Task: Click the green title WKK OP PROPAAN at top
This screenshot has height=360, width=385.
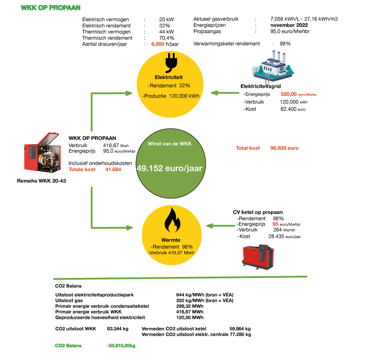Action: click(x=50, y=8)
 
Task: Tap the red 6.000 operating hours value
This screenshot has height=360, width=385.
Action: click(x=157, y=44)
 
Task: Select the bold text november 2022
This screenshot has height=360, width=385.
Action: click(x=289, y=25)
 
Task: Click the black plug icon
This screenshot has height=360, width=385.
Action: click(x=171, y=62)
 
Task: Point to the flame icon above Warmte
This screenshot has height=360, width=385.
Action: click(x=172, y=220)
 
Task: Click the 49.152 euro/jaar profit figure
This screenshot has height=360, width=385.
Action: click(x=169, y=168)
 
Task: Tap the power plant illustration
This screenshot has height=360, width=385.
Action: click(x=273, y=66)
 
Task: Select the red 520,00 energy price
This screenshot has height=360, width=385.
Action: click(x=289, y=94)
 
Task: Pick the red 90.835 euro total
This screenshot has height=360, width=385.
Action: click(x=284, y=148)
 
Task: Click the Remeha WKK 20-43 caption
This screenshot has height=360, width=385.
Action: click(x=41, y=181)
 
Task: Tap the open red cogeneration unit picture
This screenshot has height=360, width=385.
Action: click(x=42, y=152)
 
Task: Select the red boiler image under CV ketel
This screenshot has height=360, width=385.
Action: click(x=258, y=257)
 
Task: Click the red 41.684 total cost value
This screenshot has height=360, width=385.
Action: click(x=113, y=169)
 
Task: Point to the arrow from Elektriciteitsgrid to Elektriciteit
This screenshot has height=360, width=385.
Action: click(x=225, y=93)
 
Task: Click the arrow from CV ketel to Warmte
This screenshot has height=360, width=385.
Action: click(x=220, y=226)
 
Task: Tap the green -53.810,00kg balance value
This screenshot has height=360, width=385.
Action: click(x=121, y=346)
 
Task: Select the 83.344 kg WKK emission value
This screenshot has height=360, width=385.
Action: click(x=118, y=329)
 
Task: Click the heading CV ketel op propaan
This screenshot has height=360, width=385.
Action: click(x=258, y=212)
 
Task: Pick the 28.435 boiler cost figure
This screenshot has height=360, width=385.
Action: click(x=276, y=236)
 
